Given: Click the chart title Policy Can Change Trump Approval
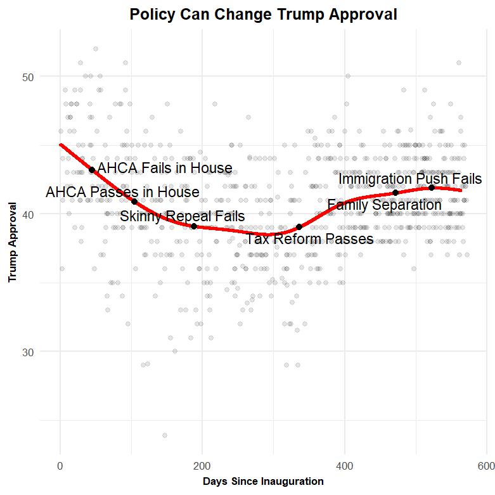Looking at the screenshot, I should tap(263, 15).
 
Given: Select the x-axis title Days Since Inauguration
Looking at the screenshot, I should tap(263, 482).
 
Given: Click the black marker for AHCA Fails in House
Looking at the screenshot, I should tap(92, 170).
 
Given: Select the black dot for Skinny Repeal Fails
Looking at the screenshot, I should tap(193, 226).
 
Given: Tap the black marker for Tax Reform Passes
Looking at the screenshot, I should tap(299, 227).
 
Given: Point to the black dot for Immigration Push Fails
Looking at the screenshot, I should tap(432, 188).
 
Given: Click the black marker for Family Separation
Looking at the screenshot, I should tap(395, 193).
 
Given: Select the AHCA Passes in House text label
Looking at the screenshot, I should tap(122, 192).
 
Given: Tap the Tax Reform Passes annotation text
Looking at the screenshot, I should tap(309, 240).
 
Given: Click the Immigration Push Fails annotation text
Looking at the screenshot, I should tap(410, 180).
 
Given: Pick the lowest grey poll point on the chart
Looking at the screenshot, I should tap(165, 435).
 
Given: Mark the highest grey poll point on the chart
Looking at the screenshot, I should tap(96, 49).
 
